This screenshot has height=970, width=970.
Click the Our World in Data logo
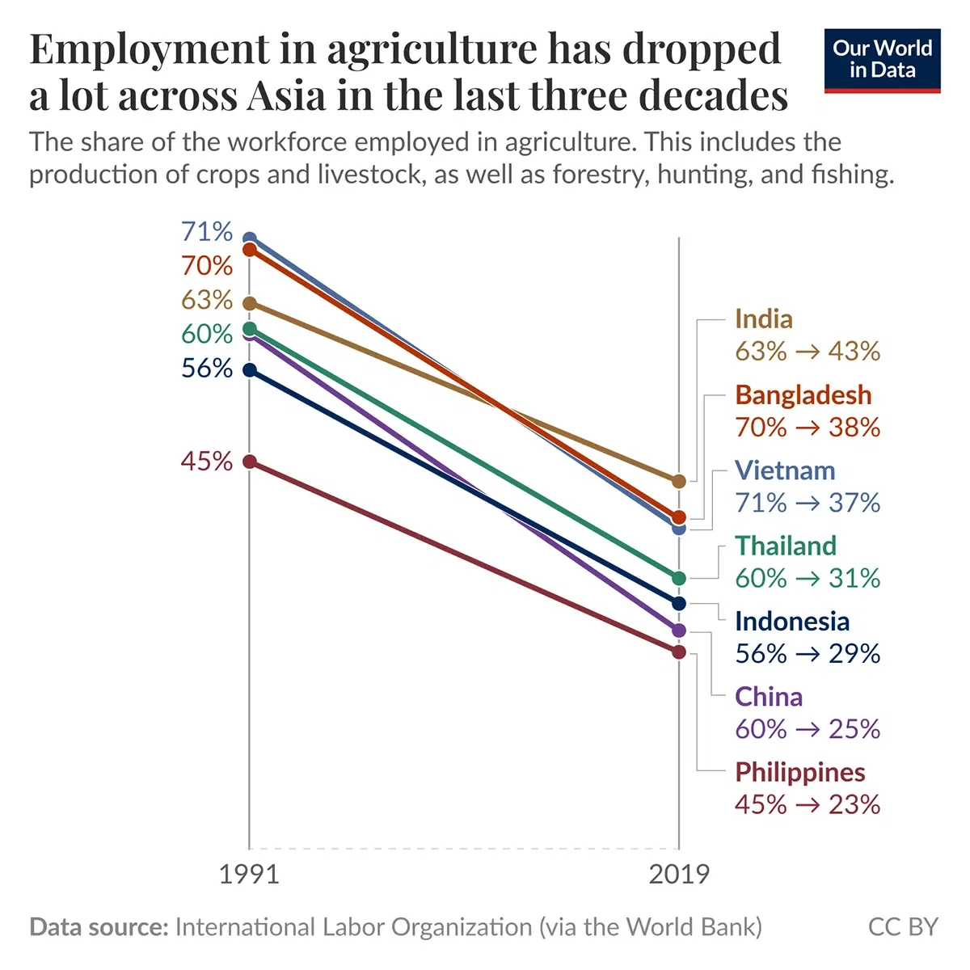pos(882,61)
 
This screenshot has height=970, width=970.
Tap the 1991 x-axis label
pos(249,875)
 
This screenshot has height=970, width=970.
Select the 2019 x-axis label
pos(679,875)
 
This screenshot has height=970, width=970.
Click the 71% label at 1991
pos(207,232)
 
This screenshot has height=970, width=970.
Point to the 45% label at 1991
pos(207,462)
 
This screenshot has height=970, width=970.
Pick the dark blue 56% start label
pos(207,369)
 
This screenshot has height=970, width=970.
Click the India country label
pos(763,319)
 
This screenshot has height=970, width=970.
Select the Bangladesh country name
pos(803,395)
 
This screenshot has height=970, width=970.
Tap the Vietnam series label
pos(784,470)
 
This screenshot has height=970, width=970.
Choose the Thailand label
pos(785,546)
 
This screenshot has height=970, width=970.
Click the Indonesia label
pos(791,622)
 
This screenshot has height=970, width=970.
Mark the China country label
pos(768,697)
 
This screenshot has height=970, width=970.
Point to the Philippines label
pos(799,772)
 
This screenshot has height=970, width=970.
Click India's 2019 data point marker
pos(679,481)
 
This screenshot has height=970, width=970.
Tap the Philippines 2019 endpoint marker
pos(679,652)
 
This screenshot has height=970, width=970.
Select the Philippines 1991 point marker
pos(250,462)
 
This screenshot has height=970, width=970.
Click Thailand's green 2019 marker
pos(679,578)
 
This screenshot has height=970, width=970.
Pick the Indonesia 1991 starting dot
pos(250,370)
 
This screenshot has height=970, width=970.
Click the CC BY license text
pos(903,926)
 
